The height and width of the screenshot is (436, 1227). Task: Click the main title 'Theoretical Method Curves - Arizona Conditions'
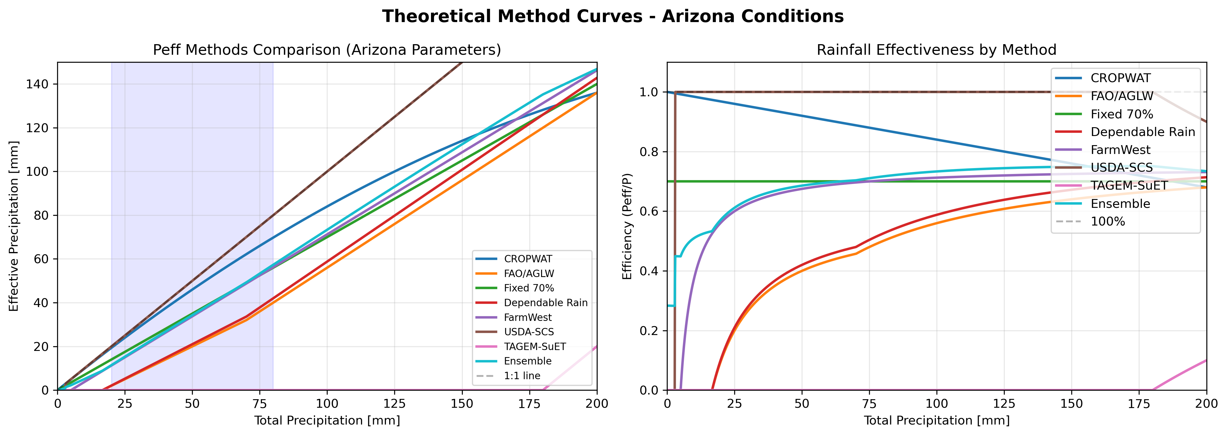pos(613,16)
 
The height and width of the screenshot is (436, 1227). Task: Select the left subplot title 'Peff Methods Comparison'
pos(327,50)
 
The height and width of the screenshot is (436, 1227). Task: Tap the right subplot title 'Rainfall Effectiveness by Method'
pos(936,50)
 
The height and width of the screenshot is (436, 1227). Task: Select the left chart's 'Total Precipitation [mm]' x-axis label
pos(327,420)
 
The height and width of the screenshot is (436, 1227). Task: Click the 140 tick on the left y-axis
pos(38,84)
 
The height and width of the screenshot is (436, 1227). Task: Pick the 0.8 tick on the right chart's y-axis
pos(649,152)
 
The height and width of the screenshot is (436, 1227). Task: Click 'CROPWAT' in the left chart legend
pos(528,259)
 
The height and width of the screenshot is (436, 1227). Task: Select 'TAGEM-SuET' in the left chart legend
pos(534,347)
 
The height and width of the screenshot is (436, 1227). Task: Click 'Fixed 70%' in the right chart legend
pos(1122,114)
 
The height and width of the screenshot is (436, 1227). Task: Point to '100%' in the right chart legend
pos(1108,222)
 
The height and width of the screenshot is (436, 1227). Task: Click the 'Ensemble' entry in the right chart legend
pos(1120,204)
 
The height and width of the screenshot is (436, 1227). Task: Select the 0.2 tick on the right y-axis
pos(649,331)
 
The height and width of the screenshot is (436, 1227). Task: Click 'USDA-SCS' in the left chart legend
pos(529,332)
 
